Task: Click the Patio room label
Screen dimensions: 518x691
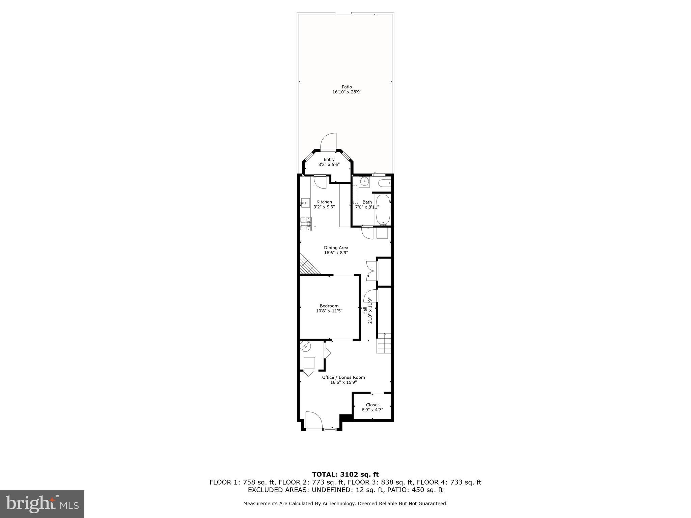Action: (347, 87)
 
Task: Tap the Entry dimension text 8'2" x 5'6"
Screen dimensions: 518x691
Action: (329, 165)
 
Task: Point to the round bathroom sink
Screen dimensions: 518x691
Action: (364, 181)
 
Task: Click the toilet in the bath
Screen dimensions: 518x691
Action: (384, 183)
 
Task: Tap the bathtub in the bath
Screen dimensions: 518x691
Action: (383, 210)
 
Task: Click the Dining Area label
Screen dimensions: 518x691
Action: (336, 248)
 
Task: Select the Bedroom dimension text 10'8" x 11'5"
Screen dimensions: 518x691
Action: (329, 311)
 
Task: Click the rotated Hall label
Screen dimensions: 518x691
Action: (365, 310)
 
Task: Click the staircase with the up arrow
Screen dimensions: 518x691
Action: (384, 343)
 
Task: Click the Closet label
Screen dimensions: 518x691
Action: (372, 405)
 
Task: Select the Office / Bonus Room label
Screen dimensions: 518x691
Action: (343, 377)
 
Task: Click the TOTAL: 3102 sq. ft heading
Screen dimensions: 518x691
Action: (345, 474)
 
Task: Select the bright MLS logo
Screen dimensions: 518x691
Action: (42, 504)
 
